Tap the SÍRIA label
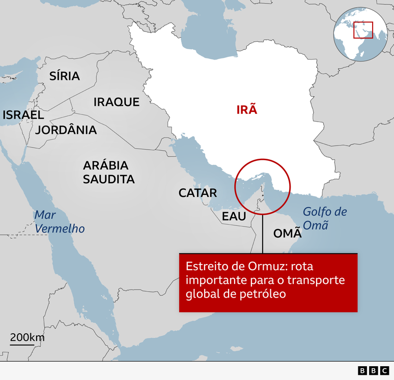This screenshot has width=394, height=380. (x=65, y=76)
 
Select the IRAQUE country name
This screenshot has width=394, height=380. (x=117, y=102)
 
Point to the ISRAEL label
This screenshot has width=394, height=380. (x=23, y=115)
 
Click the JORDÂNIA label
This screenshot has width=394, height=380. (x=66, y=130)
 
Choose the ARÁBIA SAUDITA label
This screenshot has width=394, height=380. (x=109, y=172)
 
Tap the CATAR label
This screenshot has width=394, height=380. (x=198, y=193)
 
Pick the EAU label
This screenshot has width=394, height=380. (x=234, y=216)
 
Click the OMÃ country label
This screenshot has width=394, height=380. (x=288, y=234)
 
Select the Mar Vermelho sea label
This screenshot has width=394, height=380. (x=59, y=222)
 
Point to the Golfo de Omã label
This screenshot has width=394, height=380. (x=325, y=218)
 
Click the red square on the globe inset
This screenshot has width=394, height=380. (x=363, y=30)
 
